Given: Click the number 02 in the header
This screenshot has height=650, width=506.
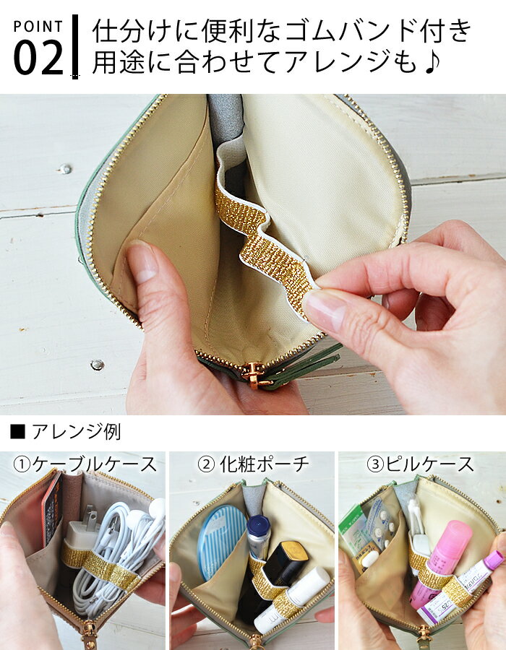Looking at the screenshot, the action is tap(38, 57).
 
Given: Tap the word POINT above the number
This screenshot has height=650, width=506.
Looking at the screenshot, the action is tap(38, 27).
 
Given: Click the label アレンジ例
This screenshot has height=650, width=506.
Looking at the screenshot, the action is tap(77, 432).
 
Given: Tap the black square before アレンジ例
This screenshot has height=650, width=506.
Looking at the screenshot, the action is tap(18, 432).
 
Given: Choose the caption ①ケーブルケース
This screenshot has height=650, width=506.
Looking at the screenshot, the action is tap(85, 464).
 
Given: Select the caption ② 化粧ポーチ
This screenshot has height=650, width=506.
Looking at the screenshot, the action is tap(253, 464).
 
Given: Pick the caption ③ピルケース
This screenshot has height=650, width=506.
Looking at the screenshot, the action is tap(420, 464).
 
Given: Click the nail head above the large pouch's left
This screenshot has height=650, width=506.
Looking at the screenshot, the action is tap(65, 169).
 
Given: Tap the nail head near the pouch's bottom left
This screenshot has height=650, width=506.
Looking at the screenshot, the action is tap(97, 365).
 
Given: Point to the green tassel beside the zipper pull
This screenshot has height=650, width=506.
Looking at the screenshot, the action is tap(307, 365).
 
